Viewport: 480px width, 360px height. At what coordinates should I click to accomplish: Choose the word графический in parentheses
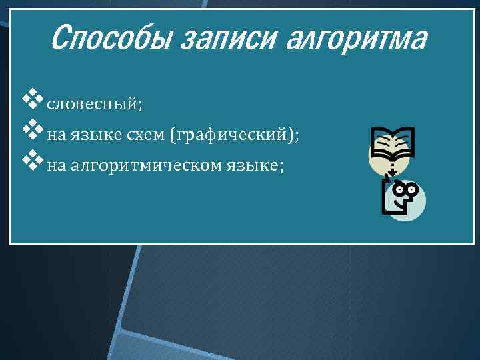coord(231,135)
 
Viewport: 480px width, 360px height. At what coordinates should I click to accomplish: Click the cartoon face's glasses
coord(405,189)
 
